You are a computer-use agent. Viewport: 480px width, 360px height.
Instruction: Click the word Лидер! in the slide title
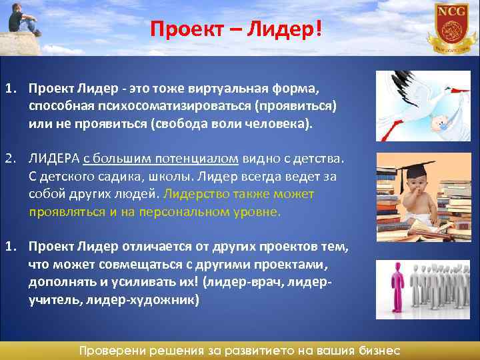[289, 29]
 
